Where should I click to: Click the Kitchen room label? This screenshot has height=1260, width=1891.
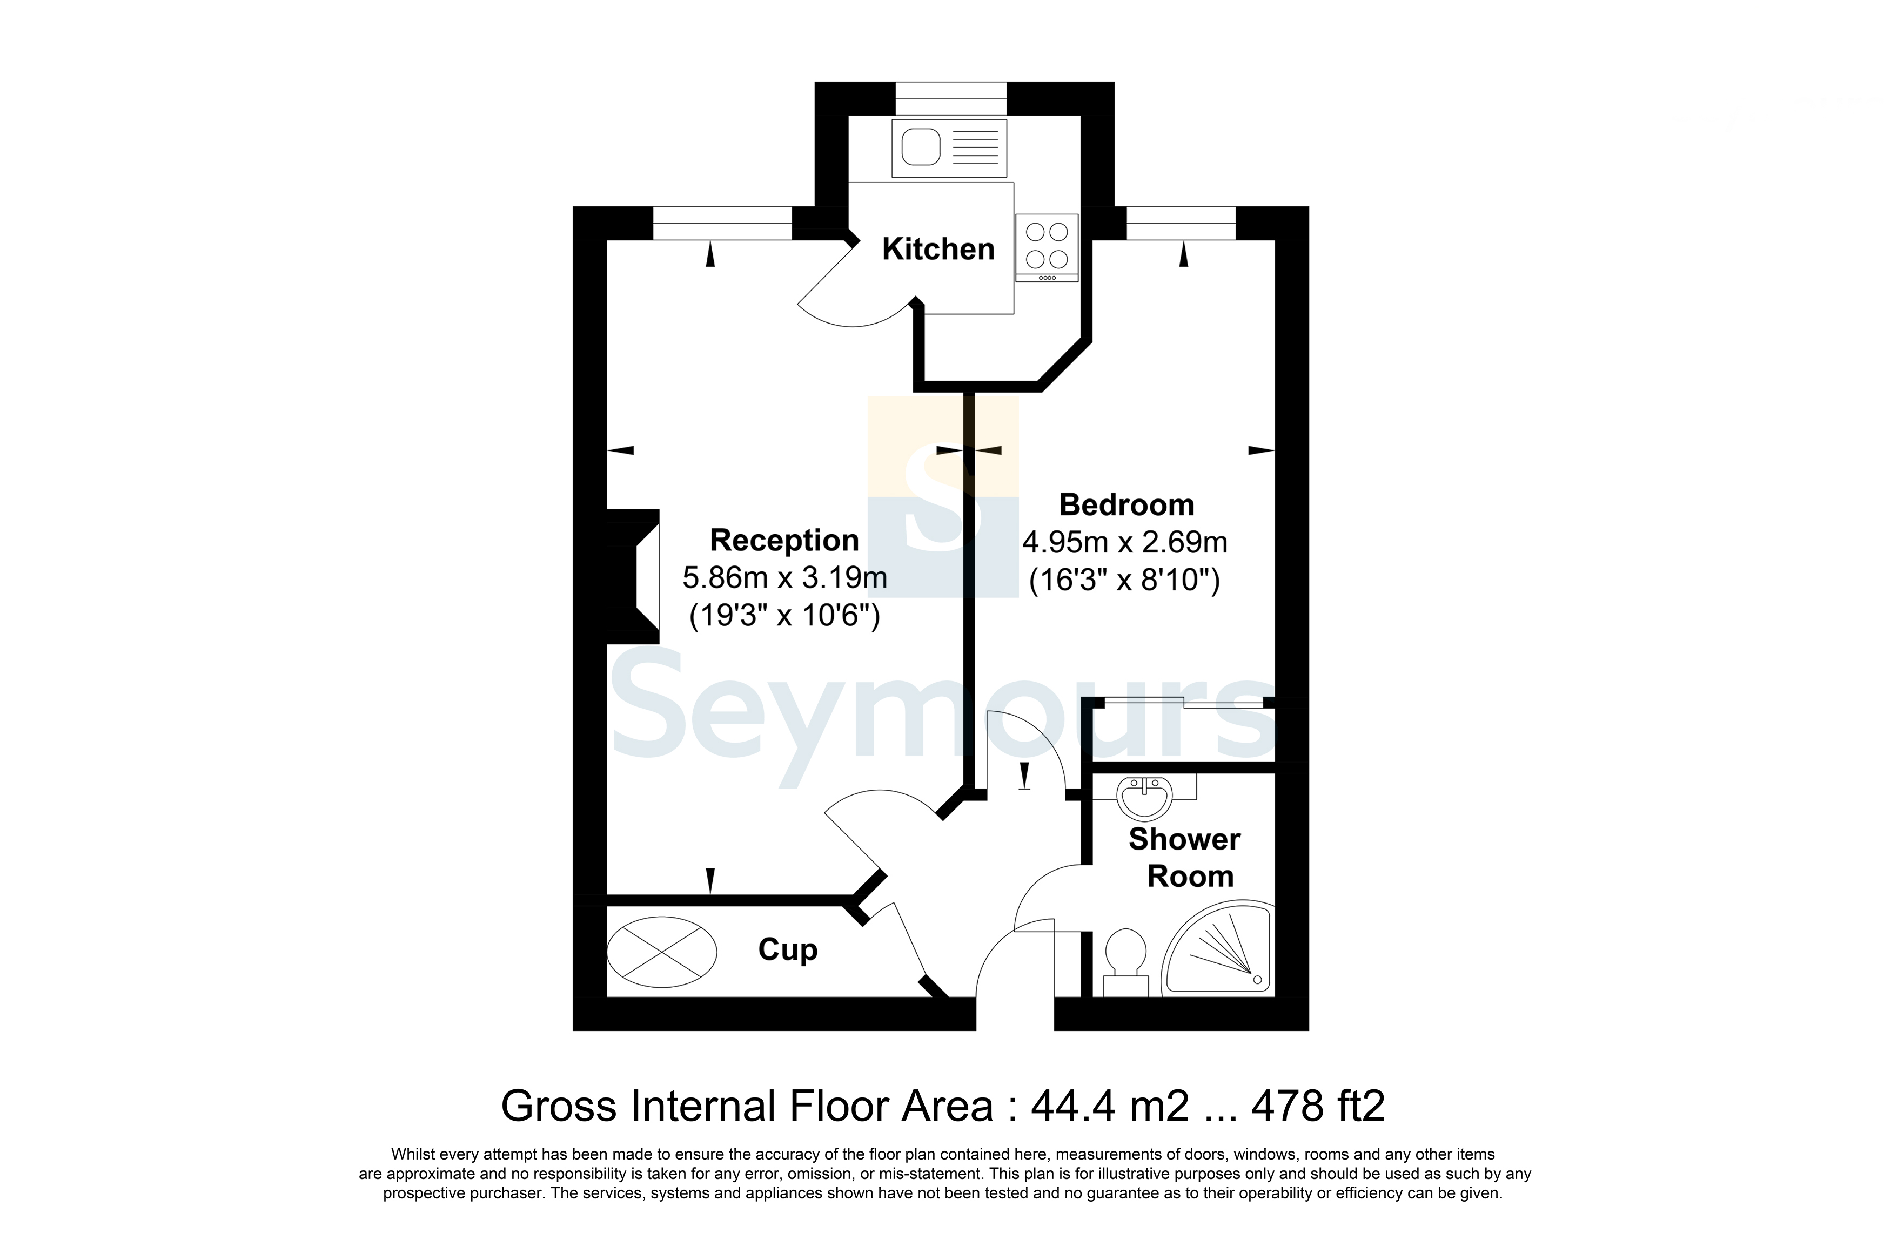938,249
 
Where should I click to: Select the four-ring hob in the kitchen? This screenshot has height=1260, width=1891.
1047,245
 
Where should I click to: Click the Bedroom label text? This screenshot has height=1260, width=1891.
1126,504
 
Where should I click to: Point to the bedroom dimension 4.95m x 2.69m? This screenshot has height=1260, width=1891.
1124,542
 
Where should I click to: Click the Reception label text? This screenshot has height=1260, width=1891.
784,540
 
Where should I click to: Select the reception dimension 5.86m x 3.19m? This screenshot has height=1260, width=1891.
784,577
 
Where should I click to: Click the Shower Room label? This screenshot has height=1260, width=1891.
1185,857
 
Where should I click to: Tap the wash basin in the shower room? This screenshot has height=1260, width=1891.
1144,797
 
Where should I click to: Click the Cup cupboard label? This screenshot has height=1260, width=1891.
788,950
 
